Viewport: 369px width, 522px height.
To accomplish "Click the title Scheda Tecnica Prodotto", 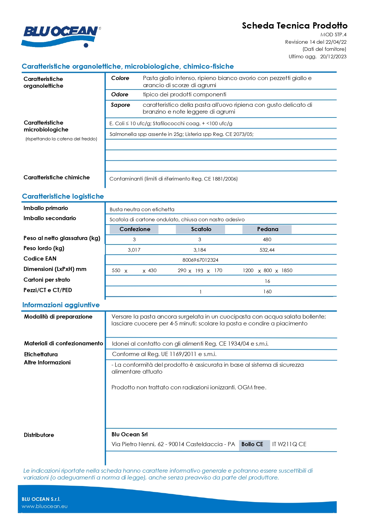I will click(x=294, y=26).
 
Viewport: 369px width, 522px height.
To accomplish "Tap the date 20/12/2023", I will click(x=333, y=57).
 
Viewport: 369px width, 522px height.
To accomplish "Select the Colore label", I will click(x=120, y=78).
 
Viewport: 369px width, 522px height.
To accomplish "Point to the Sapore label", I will click(x=120, y=105).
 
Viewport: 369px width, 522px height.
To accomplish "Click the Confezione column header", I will click(x=134, y=229).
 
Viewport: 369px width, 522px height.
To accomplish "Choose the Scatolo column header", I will click(x=201, y=229).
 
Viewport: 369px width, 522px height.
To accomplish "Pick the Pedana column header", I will click(x=267, y=229).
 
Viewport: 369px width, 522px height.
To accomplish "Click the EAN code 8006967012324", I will click(x=200, y=260).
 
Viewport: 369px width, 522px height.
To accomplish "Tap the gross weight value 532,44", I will click(x=267, y=250).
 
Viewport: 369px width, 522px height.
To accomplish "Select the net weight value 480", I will click(x=267, y=239).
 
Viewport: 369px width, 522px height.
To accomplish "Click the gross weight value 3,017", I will click(x=134, y=250).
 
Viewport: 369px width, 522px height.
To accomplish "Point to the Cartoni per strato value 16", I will click(x=267, y=281).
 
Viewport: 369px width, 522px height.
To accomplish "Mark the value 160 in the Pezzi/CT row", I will click(x=267, y=291).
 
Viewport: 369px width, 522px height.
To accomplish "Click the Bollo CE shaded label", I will click(x=252, y=444).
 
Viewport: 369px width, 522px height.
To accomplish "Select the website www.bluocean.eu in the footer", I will click(x=45, y=506).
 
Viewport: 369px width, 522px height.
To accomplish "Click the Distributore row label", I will click(x=39, y=435).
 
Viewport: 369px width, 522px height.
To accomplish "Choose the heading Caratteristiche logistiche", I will click(x=63, y=196).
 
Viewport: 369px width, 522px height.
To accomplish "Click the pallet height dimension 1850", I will click(x=287, y=270).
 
